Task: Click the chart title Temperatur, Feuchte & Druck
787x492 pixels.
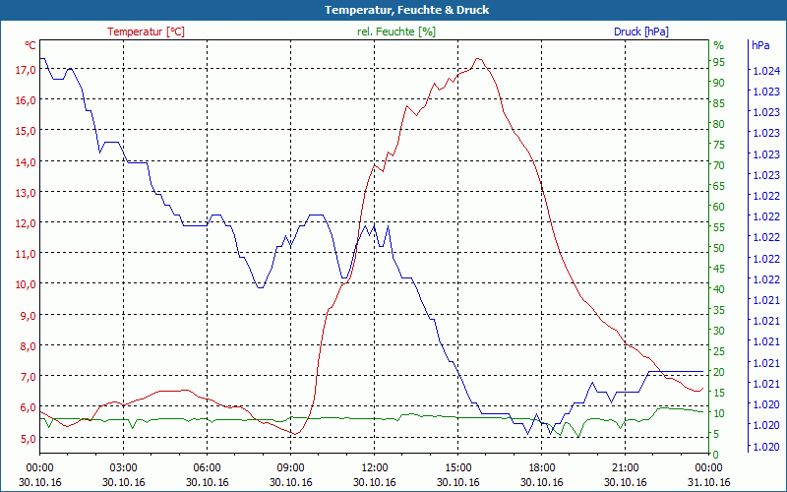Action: pos(393,10)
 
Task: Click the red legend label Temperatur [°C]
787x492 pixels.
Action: pos(146,31)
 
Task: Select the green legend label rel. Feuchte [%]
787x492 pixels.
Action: pos(396,31)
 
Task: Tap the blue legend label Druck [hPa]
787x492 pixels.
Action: pos(640,31)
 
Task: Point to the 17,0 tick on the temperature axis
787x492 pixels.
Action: pos(25,69)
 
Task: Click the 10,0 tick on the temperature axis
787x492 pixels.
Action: pos(25,283)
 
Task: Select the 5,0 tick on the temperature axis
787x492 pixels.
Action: pos(25,438)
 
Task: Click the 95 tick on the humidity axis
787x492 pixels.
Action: pos(719,62)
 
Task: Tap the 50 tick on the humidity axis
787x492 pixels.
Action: pos(719,248)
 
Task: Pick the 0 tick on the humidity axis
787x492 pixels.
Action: pos(716,454)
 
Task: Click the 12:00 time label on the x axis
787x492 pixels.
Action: pos(374,467)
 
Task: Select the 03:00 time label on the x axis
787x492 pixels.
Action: pos(123,467)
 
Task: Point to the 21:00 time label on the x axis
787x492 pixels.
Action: pos(626,467)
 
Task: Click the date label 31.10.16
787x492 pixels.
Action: pos(709,482)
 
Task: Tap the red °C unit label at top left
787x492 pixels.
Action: pos(30,45)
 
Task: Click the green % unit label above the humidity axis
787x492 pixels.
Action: pos(718,45)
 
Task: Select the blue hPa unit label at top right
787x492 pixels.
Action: pos(760,45)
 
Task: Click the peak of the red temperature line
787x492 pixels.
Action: pos(478,58)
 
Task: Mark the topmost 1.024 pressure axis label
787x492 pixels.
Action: pos(765,71)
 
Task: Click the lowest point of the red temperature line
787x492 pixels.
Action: pos(293,434)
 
